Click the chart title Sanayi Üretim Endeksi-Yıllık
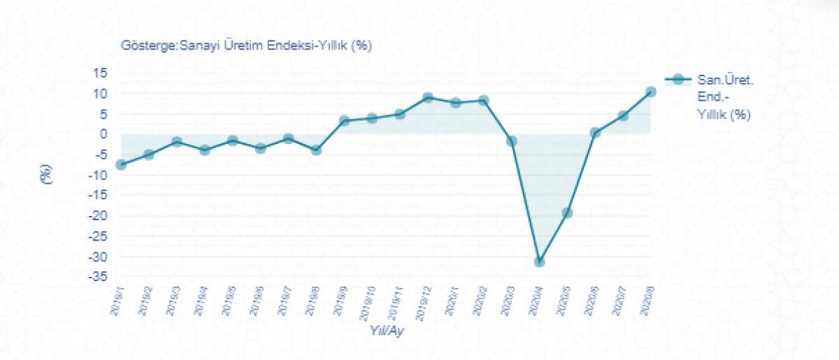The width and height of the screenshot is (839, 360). coord(247,46)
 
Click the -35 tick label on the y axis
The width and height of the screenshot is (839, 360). coord(98,277)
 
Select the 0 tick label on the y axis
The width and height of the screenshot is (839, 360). coord(103,134)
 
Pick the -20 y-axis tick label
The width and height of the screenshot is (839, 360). coord(98,215)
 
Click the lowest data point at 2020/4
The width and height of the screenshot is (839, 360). coord(539,261)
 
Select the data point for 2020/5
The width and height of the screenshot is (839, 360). coord(567,213)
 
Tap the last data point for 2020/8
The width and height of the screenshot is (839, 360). coord(651,92)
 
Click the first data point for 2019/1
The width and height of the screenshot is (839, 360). coord(121,164)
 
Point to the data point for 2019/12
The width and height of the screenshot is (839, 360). coord(428,97)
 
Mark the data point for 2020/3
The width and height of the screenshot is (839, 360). coord(511,141)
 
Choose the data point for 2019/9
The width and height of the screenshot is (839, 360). coord(344,120)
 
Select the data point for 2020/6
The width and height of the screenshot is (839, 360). coord(595,132)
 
